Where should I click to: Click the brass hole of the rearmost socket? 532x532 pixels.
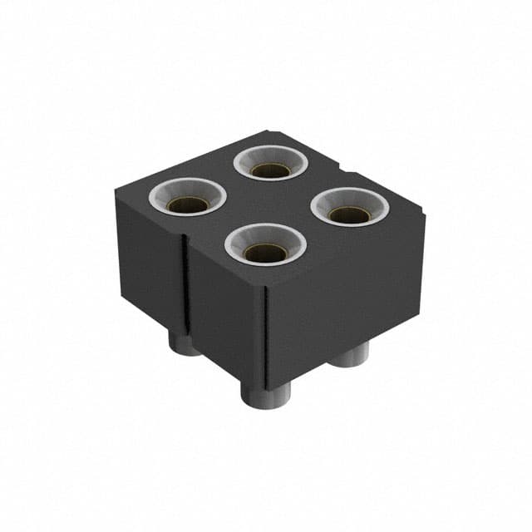(x=271, y=170)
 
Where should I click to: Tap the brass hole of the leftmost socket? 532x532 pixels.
(x=187, y=204)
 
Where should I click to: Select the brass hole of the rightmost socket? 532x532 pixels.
(x=349, y=214)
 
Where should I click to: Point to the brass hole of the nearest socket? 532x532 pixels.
(x=265, y=252)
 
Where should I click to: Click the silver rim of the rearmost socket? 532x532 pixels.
(x=271, y=151)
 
